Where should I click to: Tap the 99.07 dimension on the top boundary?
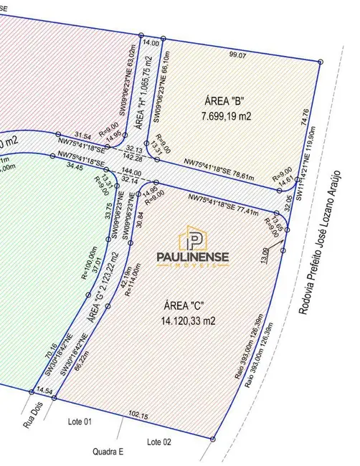pos(237,54)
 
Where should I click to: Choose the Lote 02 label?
pos(158,442)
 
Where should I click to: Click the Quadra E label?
pos(108,452)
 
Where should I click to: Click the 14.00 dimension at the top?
pos(151,44)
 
